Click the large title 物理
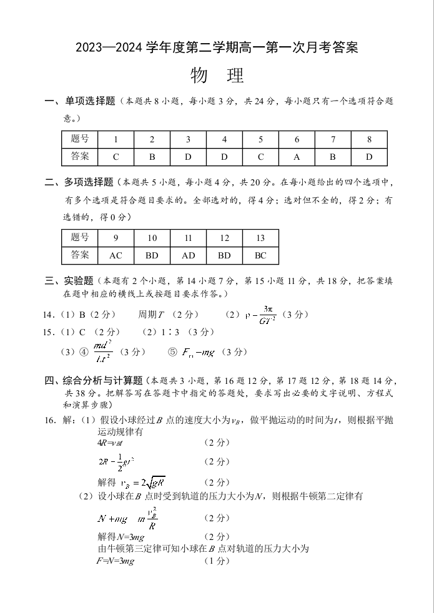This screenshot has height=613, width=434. coord(217,76)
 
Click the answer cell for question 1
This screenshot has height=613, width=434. coord(116,157)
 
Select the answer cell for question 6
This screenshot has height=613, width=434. coord(297,157)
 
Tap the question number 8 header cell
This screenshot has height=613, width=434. coord(369,140)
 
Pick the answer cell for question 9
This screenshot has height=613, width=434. coord(116,255)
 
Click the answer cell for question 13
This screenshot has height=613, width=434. coord(260,255)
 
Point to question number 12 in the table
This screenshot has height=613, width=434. coord(224,238)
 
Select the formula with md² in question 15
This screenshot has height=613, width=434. coord(102,352)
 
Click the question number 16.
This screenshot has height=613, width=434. coord(51,420)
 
